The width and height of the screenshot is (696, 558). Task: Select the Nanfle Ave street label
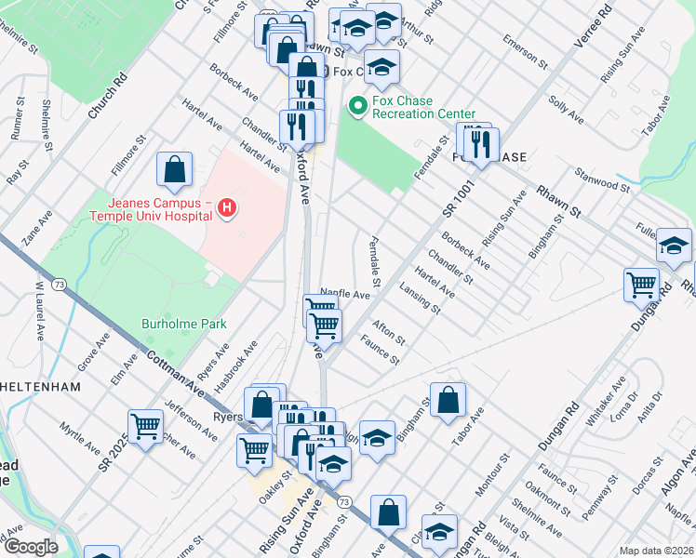pos(345,294)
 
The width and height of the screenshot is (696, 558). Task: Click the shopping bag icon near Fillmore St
pos(174,169)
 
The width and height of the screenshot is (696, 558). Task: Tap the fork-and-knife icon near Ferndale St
pos(480,143)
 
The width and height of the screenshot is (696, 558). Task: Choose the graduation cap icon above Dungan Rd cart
pos(674,246)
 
